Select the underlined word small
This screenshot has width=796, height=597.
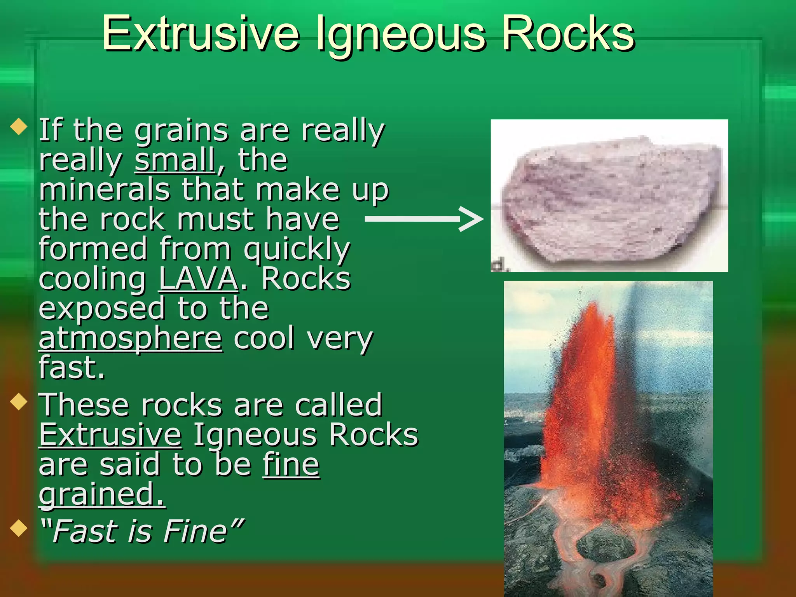pyautogui.click(x=175, y=160)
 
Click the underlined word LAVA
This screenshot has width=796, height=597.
pyautogui.click(x=198, y=279)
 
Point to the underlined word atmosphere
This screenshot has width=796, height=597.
pyautogui.click(x=131, y=339)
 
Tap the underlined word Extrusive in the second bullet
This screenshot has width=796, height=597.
pyautogui.click(x=110, y=435)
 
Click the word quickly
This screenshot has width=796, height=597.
pyautogui.click(x=297, y=250)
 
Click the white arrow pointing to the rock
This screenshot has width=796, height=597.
pyautogui.click(x=424, y=219)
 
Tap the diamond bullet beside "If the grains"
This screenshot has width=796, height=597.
pyautogui.click(x=19, y=127)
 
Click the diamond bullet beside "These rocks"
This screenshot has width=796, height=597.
pyautogui.click(x=19, y=402)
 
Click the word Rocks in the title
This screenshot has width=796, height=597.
pyautogui.click(x=568, y=34)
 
